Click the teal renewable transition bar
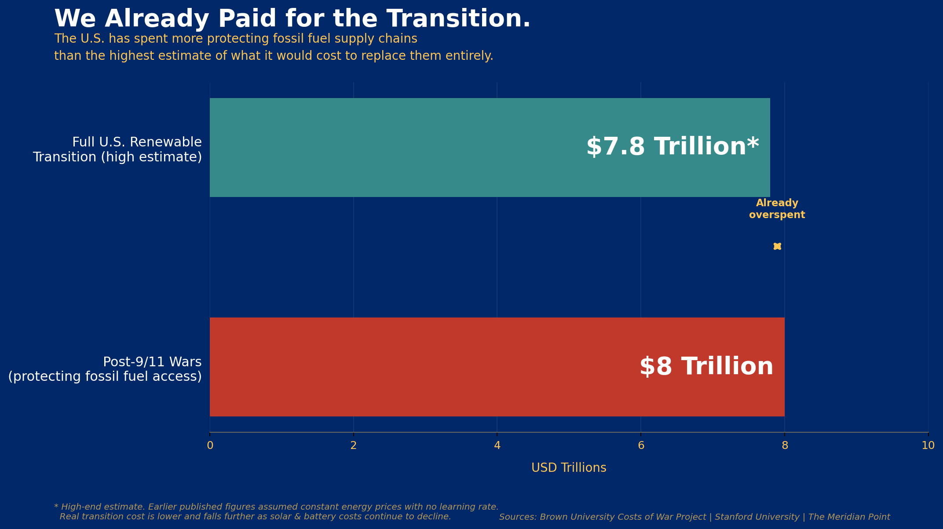pos(396,147)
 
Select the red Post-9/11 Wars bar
pos(396,367)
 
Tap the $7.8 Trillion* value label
pos(673,147)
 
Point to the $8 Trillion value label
pos(706,367)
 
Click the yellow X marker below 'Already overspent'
pos(777,246)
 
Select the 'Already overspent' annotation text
pos(777,209)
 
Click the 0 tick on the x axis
pos(210,445)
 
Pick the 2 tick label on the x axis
pos(353,445)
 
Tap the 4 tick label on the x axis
pos(497,445)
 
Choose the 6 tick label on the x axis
pos(641,445)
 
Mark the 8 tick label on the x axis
pos(785,445)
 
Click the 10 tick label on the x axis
pos(928,445)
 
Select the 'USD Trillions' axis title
pos(569,468)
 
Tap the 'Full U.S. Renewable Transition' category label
pos(117,150)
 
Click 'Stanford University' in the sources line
pos(757,517)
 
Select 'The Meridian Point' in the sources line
pos(849,517)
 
